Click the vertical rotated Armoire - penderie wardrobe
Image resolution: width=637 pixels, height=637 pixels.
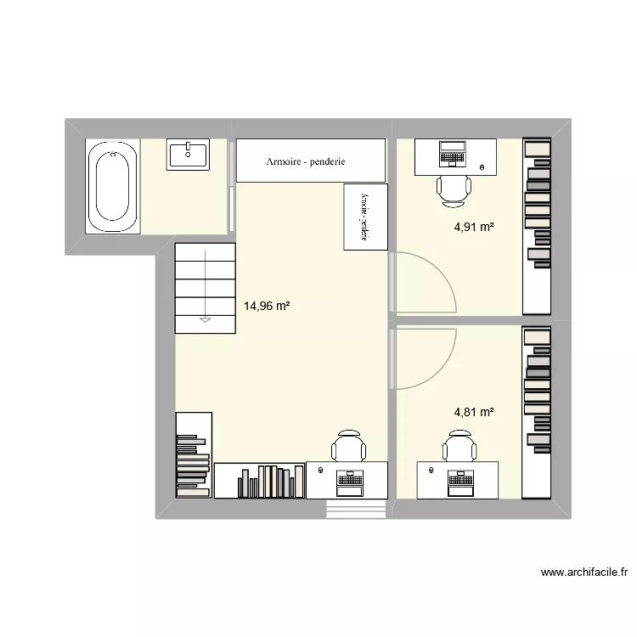point(365,217)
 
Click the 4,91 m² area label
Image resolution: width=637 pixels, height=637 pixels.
point(474,227)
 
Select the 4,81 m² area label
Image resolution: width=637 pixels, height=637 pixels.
point(474,412)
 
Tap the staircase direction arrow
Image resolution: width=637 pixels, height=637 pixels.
point(205,319)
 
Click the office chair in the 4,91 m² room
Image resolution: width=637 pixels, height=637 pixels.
point(454,189)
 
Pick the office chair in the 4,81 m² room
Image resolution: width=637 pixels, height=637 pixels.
point(459,446)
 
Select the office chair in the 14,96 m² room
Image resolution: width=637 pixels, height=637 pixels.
point(349,446)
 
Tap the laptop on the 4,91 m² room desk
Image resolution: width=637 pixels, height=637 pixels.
point(451,154)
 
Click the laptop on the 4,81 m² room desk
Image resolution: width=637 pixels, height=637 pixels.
point(459,481)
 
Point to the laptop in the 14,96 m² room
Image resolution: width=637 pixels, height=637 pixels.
point(349,482)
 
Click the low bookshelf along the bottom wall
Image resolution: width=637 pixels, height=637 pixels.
point(259,481)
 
